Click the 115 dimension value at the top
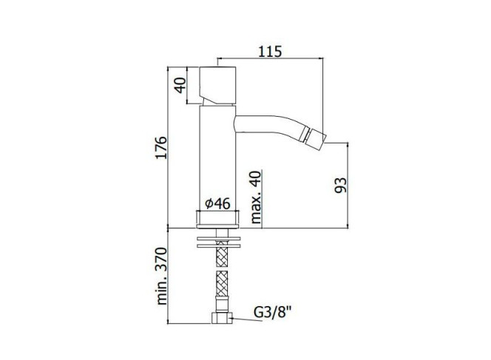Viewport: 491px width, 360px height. tap(270, 51)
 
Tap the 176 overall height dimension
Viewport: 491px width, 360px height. tap(162, 148)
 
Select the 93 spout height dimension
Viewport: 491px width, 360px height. tap(341, 186)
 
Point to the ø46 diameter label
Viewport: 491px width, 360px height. tap(217, 204)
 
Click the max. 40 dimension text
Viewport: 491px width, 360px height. tap(256, 197)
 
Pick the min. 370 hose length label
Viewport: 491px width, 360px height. tap(162, 276)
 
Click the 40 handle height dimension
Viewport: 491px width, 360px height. tap(180, 85)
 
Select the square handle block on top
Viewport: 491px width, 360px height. tap(217, 85)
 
